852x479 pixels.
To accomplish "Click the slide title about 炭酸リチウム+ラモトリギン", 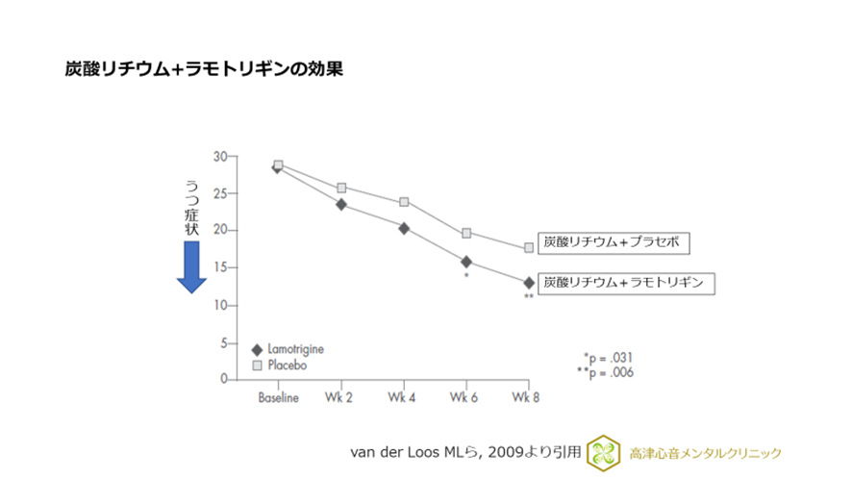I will [x=203, y=70].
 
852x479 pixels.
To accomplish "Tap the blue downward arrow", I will [x=191, y=267].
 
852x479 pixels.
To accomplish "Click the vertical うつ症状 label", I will [x=191, y=207].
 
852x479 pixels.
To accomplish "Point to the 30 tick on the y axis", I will [x=219, y=157].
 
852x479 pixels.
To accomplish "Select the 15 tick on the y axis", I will [x=219, y=268].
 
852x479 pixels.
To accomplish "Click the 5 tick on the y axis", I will [x=222, y=342].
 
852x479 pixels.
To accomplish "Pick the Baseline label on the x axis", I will [x=278, y=397].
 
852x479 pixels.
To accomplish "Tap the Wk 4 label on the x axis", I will [x=403, y=397].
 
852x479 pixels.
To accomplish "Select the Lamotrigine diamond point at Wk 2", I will [x=341, y=204].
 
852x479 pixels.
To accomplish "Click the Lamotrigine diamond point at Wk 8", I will [x=529, y=283].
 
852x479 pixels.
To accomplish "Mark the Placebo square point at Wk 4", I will [x=404, y=202].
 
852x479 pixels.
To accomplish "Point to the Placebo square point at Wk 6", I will [x=466, y=233].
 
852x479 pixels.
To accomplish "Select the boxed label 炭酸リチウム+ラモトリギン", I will [x=625, y=283].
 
